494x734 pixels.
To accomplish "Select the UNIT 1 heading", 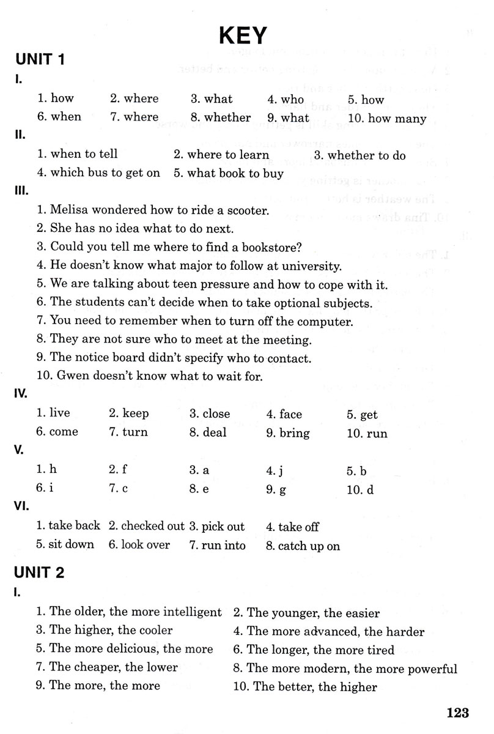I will click(x=40, y=60).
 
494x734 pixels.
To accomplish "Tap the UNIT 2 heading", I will click(x=40, y=573).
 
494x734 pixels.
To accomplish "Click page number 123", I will click(x=457, y=712).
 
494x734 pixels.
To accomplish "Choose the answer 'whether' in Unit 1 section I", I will click(x=227, y=117).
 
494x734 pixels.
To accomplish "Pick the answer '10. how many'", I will click(x=386, y=118).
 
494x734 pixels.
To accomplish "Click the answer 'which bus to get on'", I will click(x=105, y=173).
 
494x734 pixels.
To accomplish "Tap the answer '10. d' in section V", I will click(x=359, y=490).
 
